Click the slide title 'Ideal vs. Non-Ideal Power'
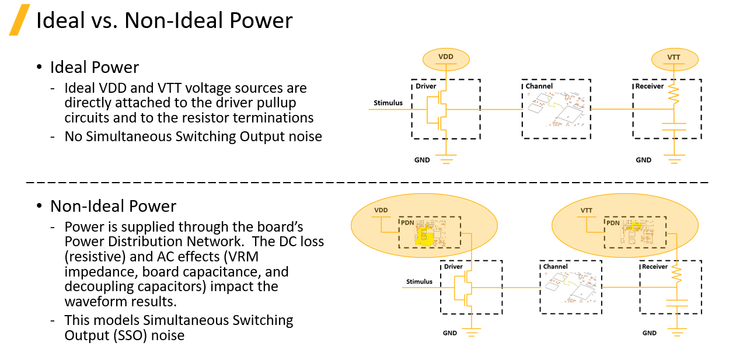click(164, 21)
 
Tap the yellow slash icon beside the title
click(19, 20)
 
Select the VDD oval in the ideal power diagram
click(446, 57)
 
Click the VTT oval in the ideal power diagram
click(674, 58)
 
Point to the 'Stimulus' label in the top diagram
click(388, 103)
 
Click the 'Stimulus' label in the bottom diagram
click(419, 282)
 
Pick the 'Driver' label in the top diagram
click(426, 86)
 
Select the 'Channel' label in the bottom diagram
click(555, 267)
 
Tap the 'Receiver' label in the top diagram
click(650, 86)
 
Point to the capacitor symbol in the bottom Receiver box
click(677, 303)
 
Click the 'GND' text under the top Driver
click(422, 160)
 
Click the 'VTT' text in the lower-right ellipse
click(587, 210)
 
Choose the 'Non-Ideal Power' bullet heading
click(113, 206)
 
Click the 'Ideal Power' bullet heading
click(95, 67)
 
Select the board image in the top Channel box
click(555, 110)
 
